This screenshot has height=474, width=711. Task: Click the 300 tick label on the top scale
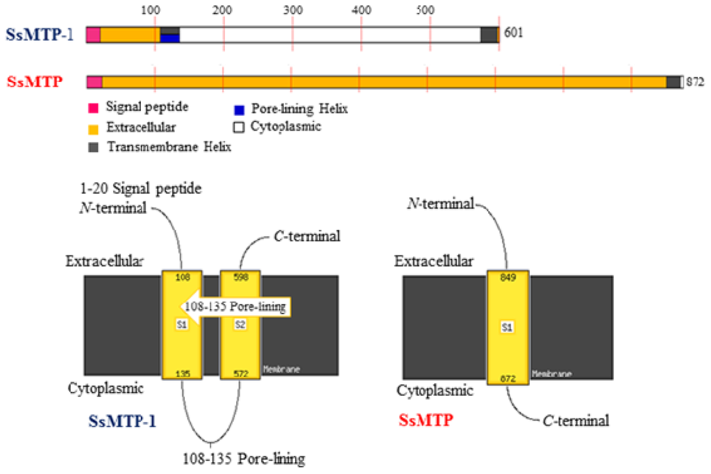(x=292, y=11)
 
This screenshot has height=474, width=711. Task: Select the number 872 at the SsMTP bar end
(x=695, y=82)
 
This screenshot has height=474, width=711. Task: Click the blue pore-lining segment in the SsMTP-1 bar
(x=170, y=38)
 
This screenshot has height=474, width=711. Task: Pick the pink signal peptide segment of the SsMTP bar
(x=94, y=82)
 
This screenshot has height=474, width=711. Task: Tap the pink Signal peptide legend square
(x=92, y=108)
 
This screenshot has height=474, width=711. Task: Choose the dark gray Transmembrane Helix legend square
(x=92, y=146)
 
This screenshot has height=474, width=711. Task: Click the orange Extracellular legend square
(x=92, y=128)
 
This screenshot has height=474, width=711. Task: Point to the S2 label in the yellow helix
(x=240, y=324)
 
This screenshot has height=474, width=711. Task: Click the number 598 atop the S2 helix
(x=240, y=277)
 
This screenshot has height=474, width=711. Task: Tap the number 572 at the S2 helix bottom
(x=240, y=373)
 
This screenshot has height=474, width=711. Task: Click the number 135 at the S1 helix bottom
(x=181, y=373)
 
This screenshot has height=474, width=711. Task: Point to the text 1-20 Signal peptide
(x=138, y=189)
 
